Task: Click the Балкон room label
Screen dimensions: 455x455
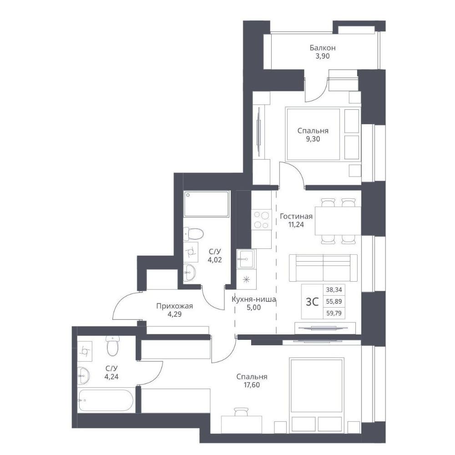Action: (x=323, y=48)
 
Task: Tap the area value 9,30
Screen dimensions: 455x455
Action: (x=313, y=139)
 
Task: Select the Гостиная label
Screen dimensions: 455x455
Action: (x=296, y=216)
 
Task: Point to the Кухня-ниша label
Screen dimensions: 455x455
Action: (x=253, y=299)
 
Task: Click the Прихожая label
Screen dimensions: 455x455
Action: (x=174, y=306)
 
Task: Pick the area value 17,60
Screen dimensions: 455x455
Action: (x=252, y=385)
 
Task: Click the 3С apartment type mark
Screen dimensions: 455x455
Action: (x=312, y=302)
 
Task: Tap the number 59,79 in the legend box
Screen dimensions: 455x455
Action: (x=334, y=313)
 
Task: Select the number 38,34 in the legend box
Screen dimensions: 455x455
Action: (x=334, y=289)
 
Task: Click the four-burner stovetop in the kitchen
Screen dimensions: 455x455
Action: (x=261, y=220)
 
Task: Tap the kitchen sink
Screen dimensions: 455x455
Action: (x=246, y=259)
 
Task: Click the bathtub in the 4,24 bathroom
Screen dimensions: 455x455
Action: (x=106, y=400)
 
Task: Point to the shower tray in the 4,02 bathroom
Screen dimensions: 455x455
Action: (x=206, y=204)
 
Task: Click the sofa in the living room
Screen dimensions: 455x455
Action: (x=323, y=268)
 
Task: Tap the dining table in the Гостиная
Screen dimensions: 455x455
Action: (x=338, y=221)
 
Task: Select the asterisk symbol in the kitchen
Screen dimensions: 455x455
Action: (x=246, y=279)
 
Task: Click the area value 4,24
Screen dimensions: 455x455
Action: (x=112, y=377)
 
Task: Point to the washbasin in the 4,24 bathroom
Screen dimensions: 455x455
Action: (x=84, y=375)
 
